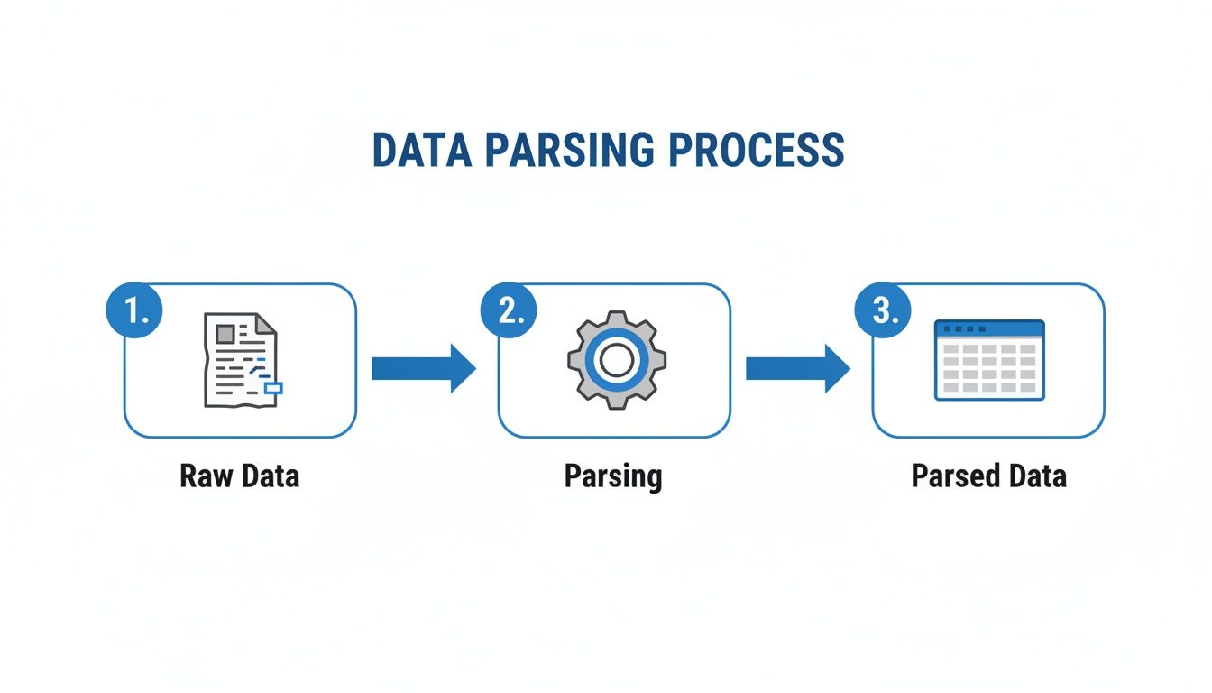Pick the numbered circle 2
click(x=510, y=311)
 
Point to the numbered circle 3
click(x=883, y=311)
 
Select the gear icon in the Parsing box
click(x=616, y=360)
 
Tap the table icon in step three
click(x=989, y=360)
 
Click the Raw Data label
click(x=240, y=476)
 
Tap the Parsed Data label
click(x=988, y=476)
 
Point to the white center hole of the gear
click(x=616, y=360)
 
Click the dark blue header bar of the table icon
click(x=989, y=328)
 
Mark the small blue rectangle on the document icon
click(x=271, y=388)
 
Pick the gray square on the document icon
click(x=225, y=334)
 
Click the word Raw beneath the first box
click(x=202, y=476)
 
